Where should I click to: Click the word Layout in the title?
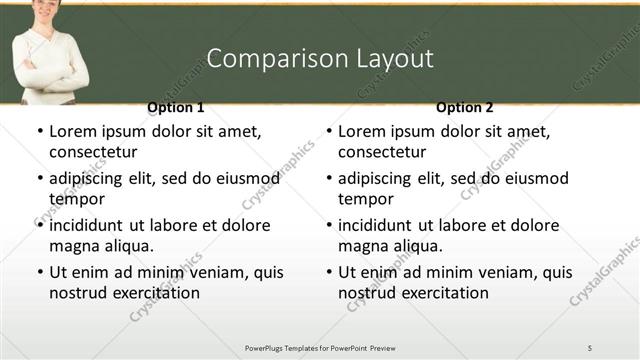394,58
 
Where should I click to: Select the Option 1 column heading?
175,107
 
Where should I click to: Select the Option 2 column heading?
465,107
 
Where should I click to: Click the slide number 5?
589,347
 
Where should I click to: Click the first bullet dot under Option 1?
39,132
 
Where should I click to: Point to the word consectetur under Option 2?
382,152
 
